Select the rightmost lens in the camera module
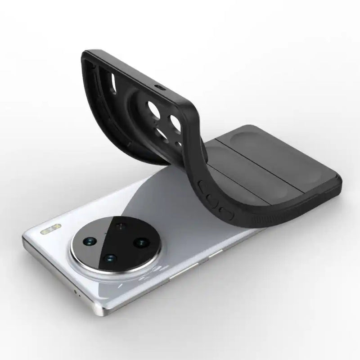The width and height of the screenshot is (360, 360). point(142,243)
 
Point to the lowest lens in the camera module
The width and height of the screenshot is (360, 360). point(109,259)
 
